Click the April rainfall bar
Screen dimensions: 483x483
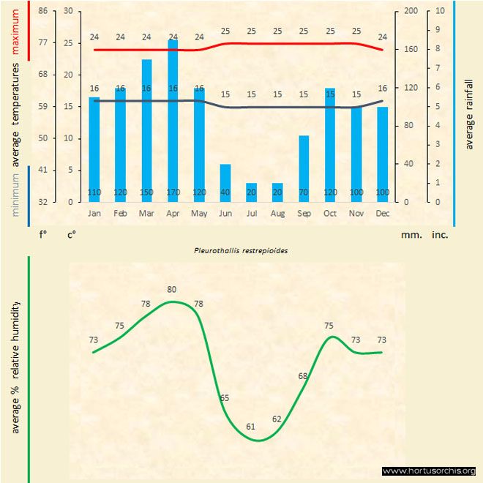pyautogui.click(x=173, y=121)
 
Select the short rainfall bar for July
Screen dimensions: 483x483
pyautogui.click(x=251, y=192)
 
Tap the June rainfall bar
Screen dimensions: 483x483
pyautogui.click(x=225, y=183)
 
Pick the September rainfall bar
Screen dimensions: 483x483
pyautogui.click(x=304, y=168)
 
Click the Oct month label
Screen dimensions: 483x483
pyautogui.click(x=330, y=213)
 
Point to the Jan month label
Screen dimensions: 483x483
pyautogui.click(x=94, y=213)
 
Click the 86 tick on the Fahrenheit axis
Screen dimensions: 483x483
pyautogui.click(x=43, y=11)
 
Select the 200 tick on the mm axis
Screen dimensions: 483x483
pyautogui.click(x=411, y=11)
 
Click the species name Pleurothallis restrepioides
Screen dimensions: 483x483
pyautogui.click(x=241, y=250)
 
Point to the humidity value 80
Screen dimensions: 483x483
pyautogui.click(x=171, y=289)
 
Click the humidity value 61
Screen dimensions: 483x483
pyautogui.click(x=251, y=426)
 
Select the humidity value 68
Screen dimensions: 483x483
pyautogui.click(x=303, y=375)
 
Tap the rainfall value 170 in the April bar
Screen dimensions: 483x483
pyautogui.click(x=173, y=192)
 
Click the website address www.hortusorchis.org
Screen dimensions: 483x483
pyautogui.click(x=429, y=471)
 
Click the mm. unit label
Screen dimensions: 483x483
pyautogui.click(x=410, y=236)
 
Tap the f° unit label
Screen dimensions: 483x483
pyautogui.click(x=43, y=236)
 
